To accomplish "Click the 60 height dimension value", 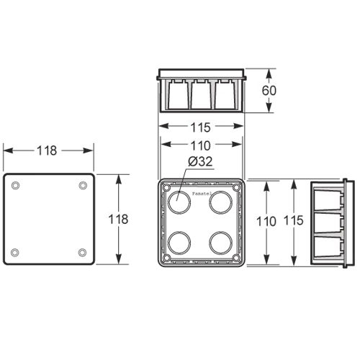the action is click(x=269, y=91).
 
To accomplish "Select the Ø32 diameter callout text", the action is click(x=200, y=161).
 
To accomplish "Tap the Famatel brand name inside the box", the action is click(x=202, y=194).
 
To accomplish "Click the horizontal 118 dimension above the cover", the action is click(x=47, y=150).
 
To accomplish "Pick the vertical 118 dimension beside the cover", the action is click(x=118, y=219).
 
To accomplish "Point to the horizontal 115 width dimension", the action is click(x=200, y=127).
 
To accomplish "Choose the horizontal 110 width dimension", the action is click(x=200, y=145).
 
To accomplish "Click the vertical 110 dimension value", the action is click(x=266, y=221).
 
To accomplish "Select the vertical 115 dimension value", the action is click(x=294, y=220).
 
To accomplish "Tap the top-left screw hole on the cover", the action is click(x=16, y=186).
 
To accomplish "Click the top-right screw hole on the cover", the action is click(x=83, y=186).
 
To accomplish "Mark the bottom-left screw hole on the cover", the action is click(x=15, y=252).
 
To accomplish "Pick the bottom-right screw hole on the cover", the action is click(x=83, y=252).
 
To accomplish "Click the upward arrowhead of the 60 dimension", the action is click(x=269, y=74).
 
